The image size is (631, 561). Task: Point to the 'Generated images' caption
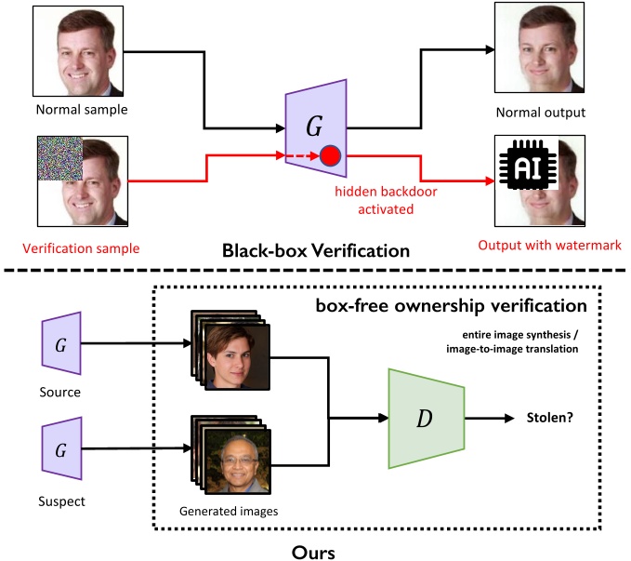(229, 510)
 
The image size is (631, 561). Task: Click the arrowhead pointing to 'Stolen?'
(510, 420)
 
